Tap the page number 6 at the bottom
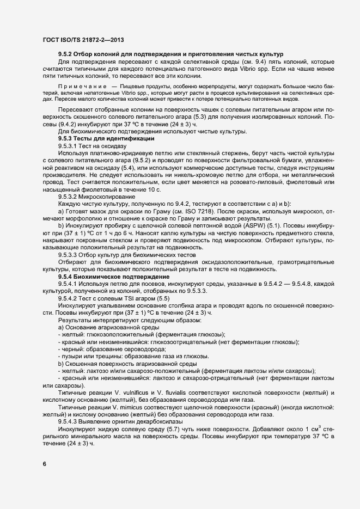[x=44, y=464]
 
